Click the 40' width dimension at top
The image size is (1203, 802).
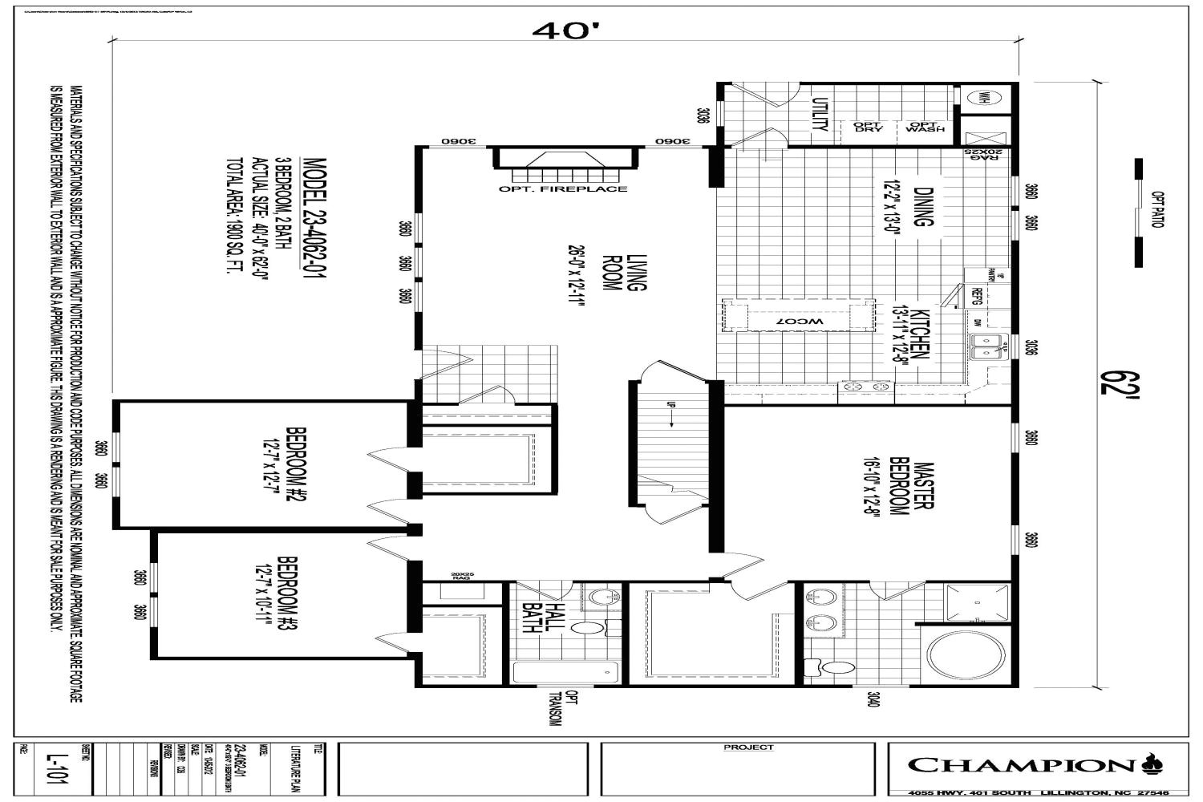(565, 30)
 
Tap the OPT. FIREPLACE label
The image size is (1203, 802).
(563, 189)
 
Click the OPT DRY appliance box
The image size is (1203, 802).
(868, 127)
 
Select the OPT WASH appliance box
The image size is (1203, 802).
(925, 127)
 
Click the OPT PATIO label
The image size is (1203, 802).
(1156, 209)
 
